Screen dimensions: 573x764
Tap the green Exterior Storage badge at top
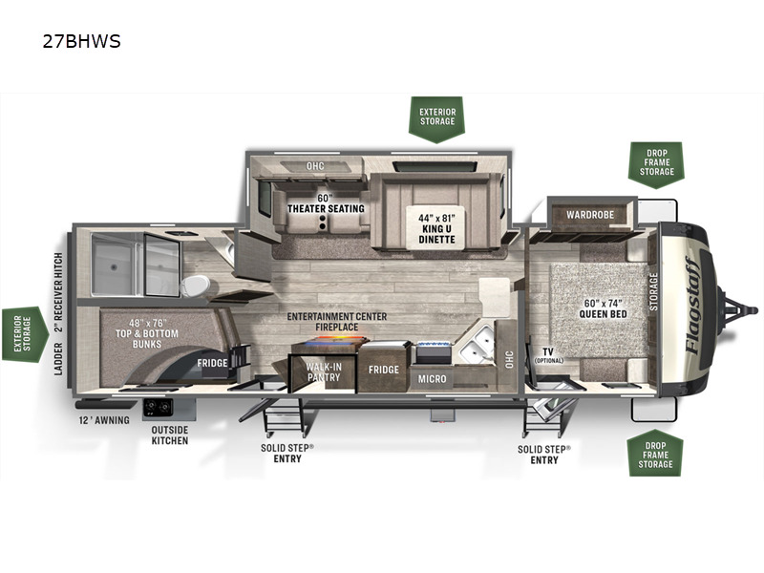(x=437, y=117)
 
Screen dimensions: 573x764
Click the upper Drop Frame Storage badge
(x=655, y=163)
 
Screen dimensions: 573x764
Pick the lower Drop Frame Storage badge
(x=655, y=452)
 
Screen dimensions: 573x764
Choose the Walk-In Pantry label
(x=324, y=372)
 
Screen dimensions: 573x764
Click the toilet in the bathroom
(x=196, y=286)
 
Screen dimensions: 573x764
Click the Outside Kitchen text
(x=169, y=435)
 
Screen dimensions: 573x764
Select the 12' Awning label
(x=105, y=420)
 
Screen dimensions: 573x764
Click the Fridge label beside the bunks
(x=212, y=363)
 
